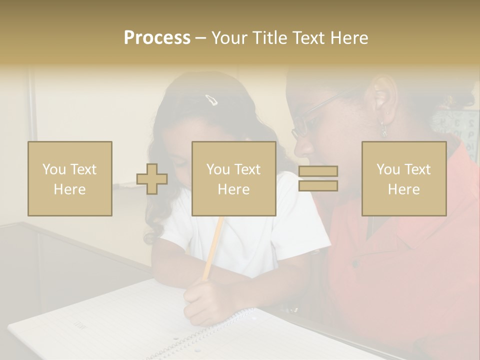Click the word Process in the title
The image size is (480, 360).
coord(157,38)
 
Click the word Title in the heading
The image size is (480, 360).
coord(269,38)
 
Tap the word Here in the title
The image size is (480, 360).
coord(348,38)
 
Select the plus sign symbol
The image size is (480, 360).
coord(152,179)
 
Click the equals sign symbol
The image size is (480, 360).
coord(318,178)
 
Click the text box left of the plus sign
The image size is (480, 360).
coord(70,178)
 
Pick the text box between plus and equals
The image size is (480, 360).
coord(234,178)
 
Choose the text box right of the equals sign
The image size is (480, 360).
coord(404,178)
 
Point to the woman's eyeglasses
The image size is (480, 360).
coord(310,117)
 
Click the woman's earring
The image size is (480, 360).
coord(383,127)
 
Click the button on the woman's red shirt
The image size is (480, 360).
coord(355,263)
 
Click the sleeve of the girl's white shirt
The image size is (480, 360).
coord(305,235)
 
